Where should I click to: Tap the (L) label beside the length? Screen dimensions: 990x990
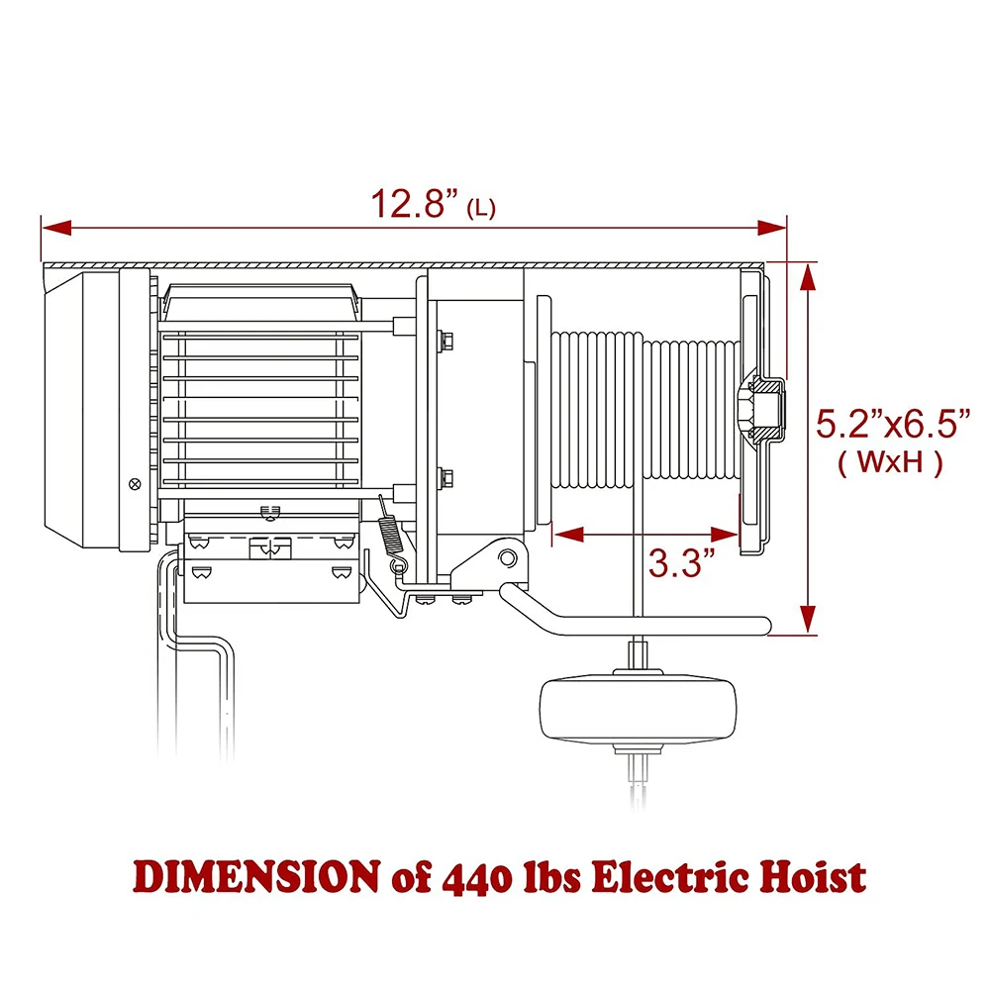tap(480, 208)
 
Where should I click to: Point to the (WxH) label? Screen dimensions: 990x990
tap(889, 462)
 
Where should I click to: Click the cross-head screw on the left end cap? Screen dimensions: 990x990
tap(135, 483)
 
